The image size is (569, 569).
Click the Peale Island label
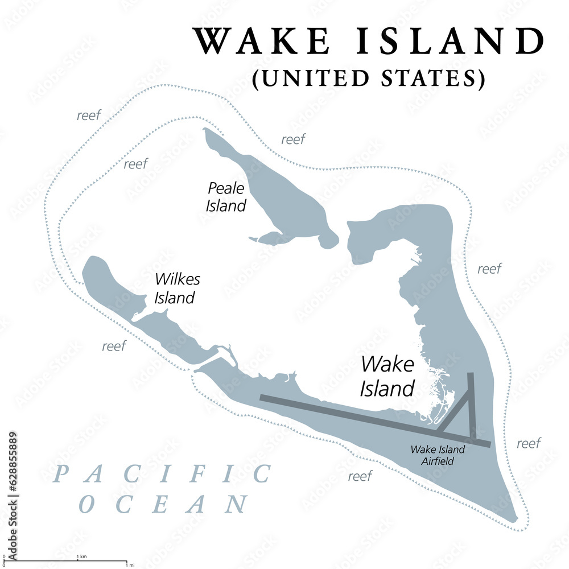tap(226, 196)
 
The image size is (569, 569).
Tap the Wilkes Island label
tap(175, 288)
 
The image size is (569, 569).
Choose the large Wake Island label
tap(387, 376)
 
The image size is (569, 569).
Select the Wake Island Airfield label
tap(438, 455)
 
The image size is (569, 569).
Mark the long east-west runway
tap(341, 414)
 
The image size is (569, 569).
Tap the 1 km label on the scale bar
tap(83, 556)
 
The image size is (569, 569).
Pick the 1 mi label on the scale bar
tap(131, 565)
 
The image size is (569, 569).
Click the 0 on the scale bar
tap(5, 556)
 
